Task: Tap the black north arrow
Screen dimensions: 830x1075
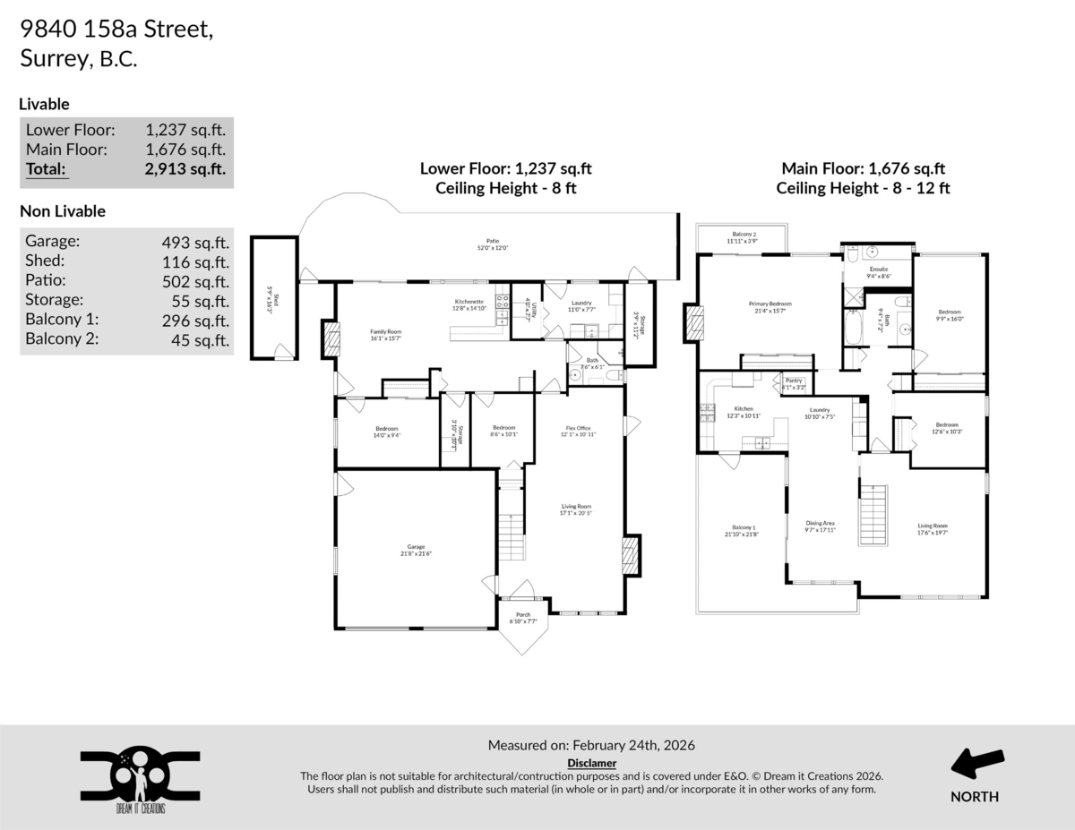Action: (x=976, y=766)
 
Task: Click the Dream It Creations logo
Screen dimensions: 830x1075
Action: (x=139, y=777)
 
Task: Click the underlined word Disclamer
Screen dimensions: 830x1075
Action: (x=591, y=763)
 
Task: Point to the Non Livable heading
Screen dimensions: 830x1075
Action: (x=63, y=211)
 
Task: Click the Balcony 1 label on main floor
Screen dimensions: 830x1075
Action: (x=742, y=530)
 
